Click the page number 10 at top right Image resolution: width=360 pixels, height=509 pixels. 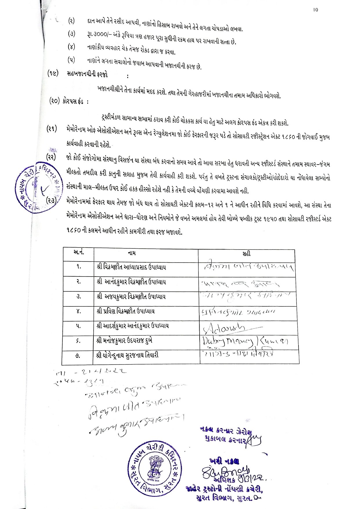(316, 10)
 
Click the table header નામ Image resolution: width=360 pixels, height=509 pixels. (132, 253)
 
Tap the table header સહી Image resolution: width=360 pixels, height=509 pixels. (247, 254)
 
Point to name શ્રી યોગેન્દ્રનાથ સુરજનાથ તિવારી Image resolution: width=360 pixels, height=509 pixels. (128, 355)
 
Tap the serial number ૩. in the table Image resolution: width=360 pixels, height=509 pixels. (79, 297)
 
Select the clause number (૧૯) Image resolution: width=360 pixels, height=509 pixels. (53, 73)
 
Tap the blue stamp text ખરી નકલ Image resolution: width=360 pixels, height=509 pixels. (224, 461)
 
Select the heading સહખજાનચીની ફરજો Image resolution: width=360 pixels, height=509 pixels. (87, 74)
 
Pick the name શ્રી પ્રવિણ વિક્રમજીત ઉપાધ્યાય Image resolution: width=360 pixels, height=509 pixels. (126, 311)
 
